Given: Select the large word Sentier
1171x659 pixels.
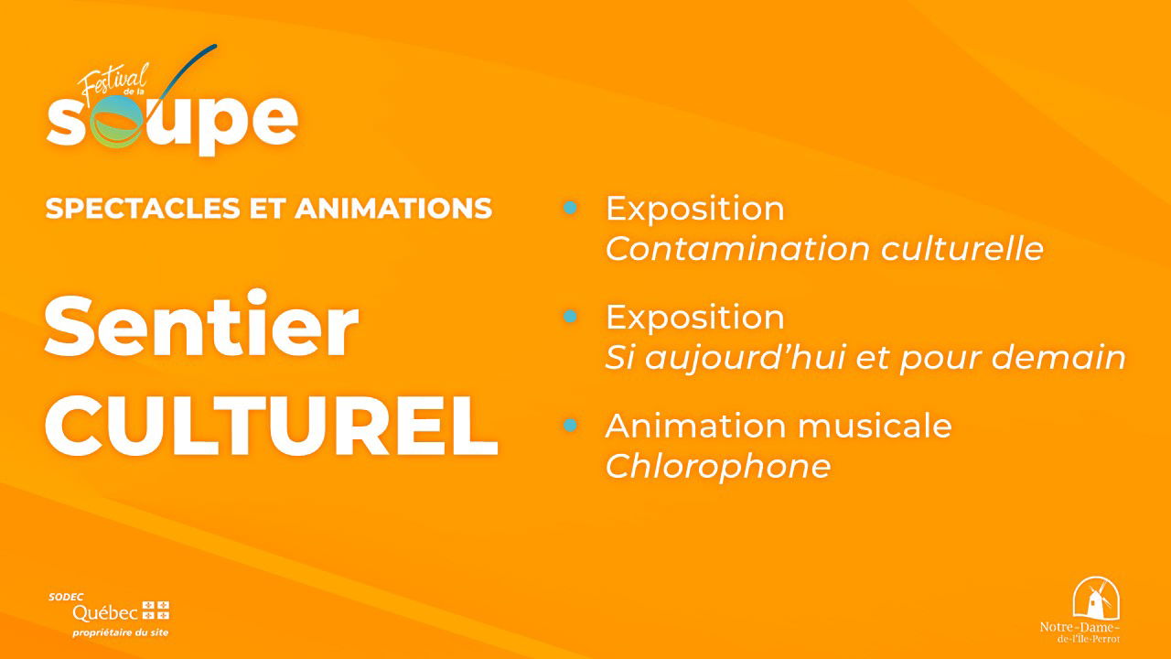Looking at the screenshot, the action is [202, 324].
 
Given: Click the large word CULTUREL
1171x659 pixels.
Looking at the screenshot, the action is [272, 426].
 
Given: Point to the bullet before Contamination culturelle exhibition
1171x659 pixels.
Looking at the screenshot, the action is [570, 208].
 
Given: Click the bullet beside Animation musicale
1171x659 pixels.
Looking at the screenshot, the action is [570, 425].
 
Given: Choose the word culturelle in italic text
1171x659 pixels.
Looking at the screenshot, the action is [962, 248].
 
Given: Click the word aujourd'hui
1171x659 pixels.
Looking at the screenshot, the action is [746, 358].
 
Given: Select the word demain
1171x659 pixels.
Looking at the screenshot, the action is [1058, 357].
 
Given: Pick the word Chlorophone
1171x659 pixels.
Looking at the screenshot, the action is [718, 466].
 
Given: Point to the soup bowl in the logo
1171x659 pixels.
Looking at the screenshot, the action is [115, 123].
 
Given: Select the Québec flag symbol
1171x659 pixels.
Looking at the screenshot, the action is [156, 610].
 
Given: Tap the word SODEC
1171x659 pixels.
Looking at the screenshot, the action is [66, 597].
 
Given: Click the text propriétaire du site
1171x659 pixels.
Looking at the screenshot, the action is [120, 632].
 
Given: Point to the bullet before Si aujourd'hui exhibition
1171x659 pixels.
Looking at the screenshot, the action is [570, 316].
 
